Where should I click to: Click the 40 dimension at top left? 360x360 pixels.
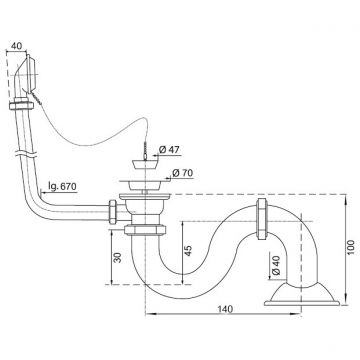point(17,46)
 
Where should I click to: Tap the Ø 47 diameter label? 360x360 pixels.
point(169,150)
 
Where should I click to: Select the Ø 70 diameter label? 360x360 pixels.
point(183,173)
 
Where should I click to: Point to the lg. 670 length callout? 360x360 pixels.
point(62,186)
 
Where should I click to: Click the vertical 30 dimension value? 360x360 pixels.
point(118,257)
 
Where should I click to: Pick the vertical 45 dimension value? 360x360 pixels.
point(188,250)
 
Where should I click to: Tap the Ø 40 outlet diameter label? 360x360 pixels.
point(276,265)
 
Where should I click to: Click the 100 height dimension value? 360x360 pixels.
point(351,247)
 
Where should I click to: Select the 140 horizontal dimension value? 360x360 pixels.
point(225,309)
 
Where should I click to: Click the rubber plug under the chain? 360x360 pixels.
point(146,164)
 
